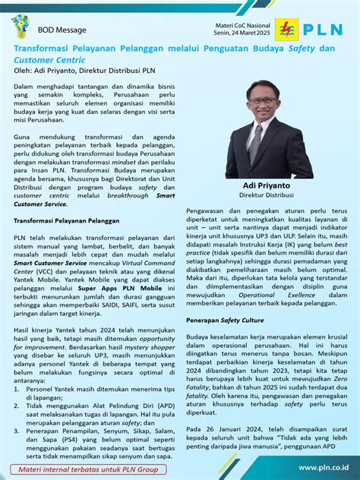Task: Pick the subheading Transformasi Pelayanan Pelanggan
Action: pos(68,220)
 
